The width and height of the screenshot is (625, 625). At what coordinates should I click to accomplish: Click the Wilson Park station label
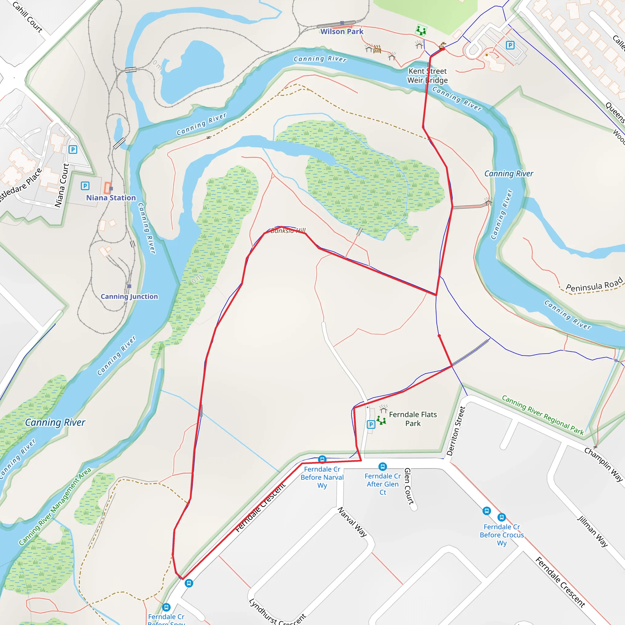[341, 32]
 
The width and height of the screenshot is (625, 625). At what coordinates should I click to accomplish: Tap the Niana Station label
[111, 198]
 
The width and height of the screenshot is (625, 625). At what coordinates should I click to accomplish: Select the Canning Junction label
[129, 296]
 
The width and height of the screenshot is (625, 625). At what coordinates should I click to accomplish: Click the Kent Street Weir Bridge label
[427, 76]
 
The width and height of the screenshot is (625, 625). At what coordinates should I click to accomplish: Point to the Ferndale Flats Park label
[413, 419]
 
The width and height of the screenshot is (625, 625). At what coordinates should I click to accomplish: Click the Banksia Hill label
[288, 231]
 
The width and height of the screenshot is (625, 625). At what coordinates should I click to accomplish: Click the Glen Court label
[409, 486]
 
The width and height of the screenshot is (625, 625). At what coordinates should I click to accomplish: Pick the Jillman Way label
[592, 532]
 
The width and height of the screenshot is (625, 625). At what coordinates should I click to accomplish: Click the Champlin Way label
[603, 465]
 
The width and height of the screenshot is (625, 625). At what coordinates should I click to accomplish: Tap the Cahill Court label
[27, 17]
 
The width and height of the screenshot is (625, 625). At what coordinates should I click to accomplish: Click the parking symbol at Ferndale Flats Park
[371, 424]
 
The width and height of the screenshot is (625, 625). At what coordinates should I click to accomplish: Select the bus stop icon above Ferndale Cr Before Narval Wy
[322, 459]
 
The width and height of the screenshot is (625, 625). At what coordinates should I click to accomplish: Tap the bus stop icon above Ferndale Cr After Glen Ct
[383, 467]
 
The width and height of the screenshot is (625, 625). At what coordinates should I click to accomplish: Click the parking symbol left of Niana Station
[85, 186]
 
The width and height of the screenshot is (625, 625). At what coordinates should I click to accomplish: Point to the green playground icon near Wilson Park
[421, 31]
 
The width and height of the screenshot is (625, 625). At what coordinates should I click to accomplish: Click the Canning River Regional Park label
[543, 415]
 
